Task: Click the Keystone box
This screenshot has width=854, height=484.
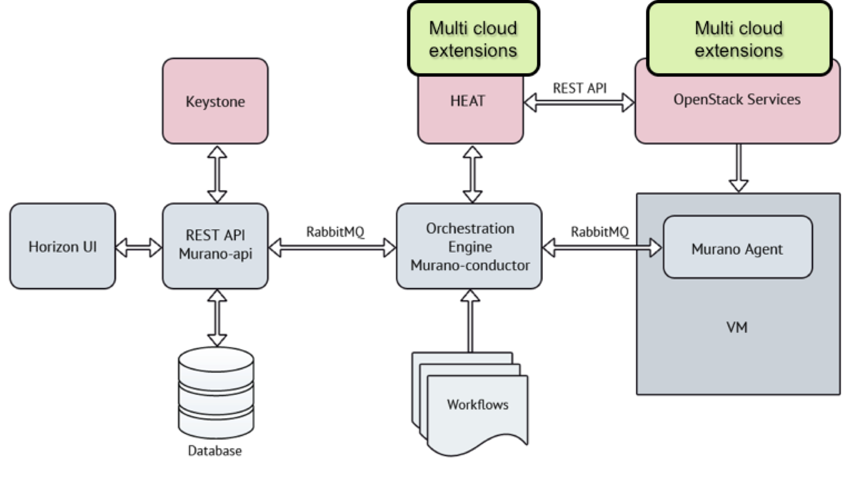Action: [215, 101]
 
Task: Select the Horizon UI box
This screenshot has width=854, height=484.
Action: [62, 246]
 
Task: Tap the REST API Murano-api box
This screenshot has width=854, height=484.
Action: [215, 245]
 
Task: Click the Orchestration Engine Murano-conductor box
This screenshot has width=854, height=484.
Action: [469, 246]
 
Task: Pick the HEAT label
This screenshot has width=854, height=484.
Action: [468, 101]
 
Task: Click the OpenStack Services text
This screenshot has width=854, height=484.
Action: [737, 99]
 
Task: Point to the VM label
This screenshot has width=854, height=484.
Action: [737, 327]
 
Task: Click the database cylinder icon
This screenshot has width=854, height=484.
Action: [216, 393]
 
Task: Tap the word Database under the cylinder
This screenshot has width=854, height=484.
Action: [215, 451]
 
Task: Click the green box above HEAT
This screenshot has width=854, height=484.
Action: [473, 39]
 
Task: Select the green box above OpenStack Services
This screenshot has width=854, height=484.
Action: [739, 39]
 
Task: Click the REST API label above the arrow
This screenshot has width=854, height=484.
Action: [579, 88]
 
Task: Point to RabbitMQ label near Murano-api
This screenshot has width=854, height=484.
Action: [335, 232]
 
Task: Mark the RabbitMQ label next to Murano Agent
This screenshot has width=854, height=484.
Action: [599, 232]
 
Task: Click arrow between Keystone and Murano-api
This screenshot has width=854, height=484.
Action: [217, 174]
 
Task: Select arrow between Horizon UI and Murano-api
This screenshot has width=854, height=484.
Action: [139, 247]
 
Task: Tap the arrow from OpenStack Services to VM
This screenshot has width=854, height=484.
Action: [738, 168]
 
